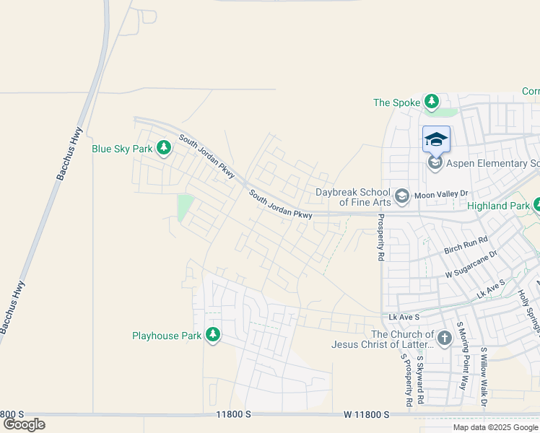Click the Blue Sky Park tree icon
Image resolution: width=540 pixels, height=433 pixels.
(164, 148)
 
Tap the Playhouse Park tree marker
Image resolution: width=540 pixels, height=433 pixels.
(212, 334)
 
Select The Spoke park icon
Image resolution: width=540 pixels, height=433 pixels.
(432, 102)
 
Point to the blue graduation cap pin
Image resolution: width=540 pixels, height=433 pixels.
(436, 139)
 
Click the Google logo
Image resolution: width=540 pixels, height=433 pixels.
(24, 424)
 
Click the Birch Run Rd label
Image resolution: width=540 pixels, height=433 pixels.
(466, 245)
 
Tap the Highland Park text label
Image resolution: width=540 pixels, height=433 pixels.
(498, 206)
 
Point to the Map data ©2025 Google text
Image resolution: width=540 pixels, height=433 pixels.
(496, 427)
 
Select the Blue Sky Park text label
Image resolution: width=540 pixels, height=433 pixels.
(122, 149)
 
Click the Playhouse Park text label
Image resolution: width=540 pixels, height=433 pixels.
(167, 336)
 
